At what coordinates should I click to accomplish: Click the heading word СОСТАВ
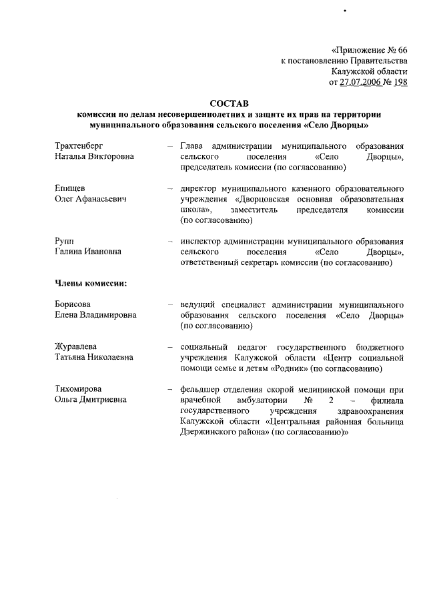pos(228,103)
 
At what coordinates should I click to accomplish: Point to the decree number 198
pos(400,83)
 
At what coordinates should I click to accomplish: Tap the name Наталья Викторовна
pos(94,156)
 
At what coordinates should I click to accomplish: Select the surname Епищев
pos(69,188)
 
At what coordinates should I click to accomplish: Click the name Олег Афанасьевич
pos(90,199)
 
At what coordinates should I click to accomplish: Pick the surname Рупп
pos(65,242)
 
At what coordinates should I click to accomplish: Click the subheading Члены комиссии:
pos(91,284)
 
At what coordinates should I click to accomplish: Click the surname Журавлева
pos(75,347)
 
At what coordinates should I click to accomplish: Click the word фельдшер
pos(201,390)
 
